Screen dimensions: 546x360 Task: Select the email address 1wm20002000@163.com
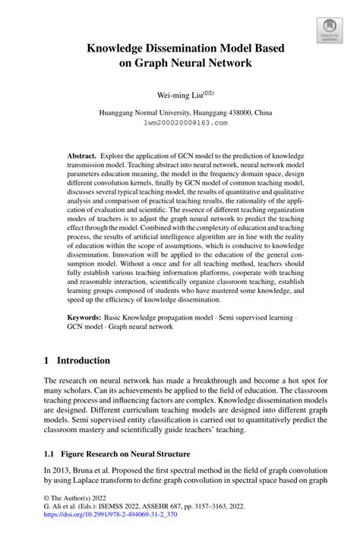[180, 122]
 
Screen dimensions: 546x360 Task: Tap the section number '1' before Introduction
[47, 360]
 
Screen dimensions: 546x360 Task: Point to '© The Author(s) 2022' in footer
[81, 514]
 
